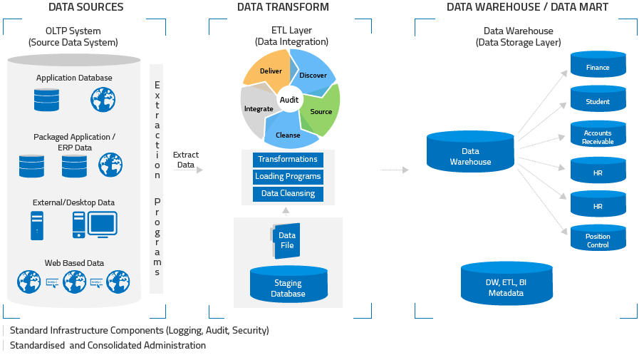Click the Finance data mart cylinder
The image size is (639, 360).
point(598,66)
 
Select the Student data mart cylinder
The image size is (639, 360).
point(598,101)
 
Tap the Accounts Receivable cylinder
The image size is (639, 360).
point(598,136)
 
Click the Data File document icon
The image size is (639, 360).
point(285,240)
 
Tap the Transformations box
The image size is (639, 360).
point(288,160)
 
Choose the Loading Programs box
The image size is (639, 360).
point(288,176)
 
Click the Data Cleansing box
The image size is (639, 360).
point(288,193)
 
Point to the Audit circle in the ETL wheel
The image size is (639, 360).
point(289,100)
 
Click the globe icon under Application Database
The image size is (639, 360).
point(102,100)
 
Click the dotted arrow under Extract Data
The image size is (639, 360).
point(188,170)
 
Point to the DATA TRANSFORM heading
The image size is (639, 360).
point(284,7)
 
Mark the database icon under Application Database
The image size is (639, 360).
point(46,100)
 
